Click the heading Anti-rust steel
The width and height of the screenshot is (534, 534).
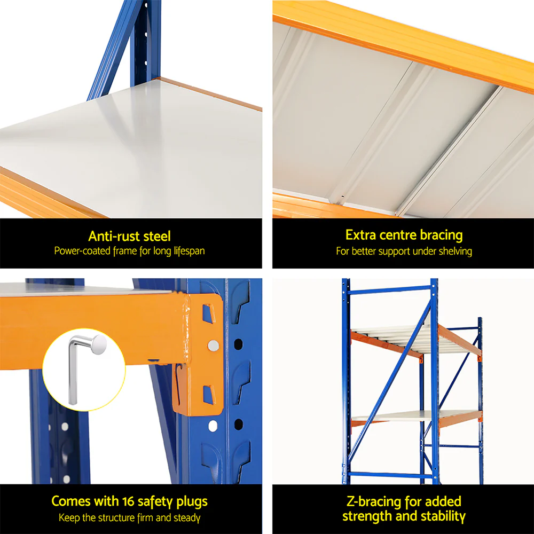pyautogui.click(x=130, y=235)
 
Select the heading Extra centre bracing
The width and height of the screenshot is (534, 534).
pyautogui.click(x=404, y=235)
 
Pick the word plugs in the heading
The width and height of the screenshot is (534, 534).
pyautogui.click(x=191, y=502)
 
